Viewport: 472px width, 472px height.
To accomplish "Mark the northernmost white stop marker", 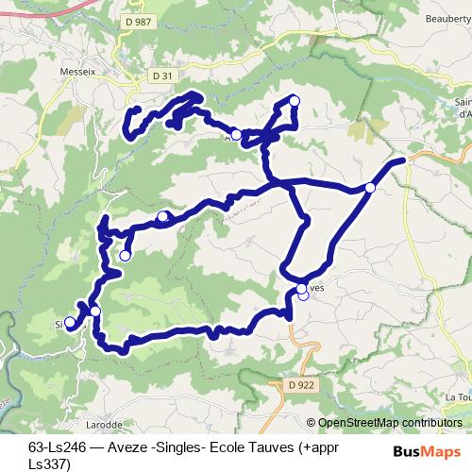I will (294, 101).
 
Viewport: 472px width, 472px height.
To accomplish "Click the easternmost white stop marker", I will (370, 189).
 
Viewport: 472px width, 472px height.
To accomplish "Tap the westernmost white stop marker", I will (70, 322).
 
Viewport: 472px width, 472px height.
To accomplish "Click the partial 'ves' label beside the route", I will (316, 288).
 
